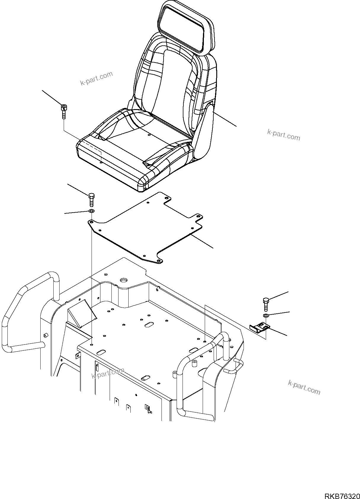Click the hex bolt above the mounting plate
click(92, 200)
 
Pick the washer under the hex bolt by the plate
click(91, 211)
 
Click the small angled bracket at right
click(260, 328)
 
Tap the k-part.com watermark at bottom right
click(304, 387)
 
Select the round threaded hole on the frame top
click(123, 280)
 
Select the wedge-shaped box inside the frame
click(81, 315)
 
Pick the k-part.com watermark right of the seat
click(284, 135)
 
